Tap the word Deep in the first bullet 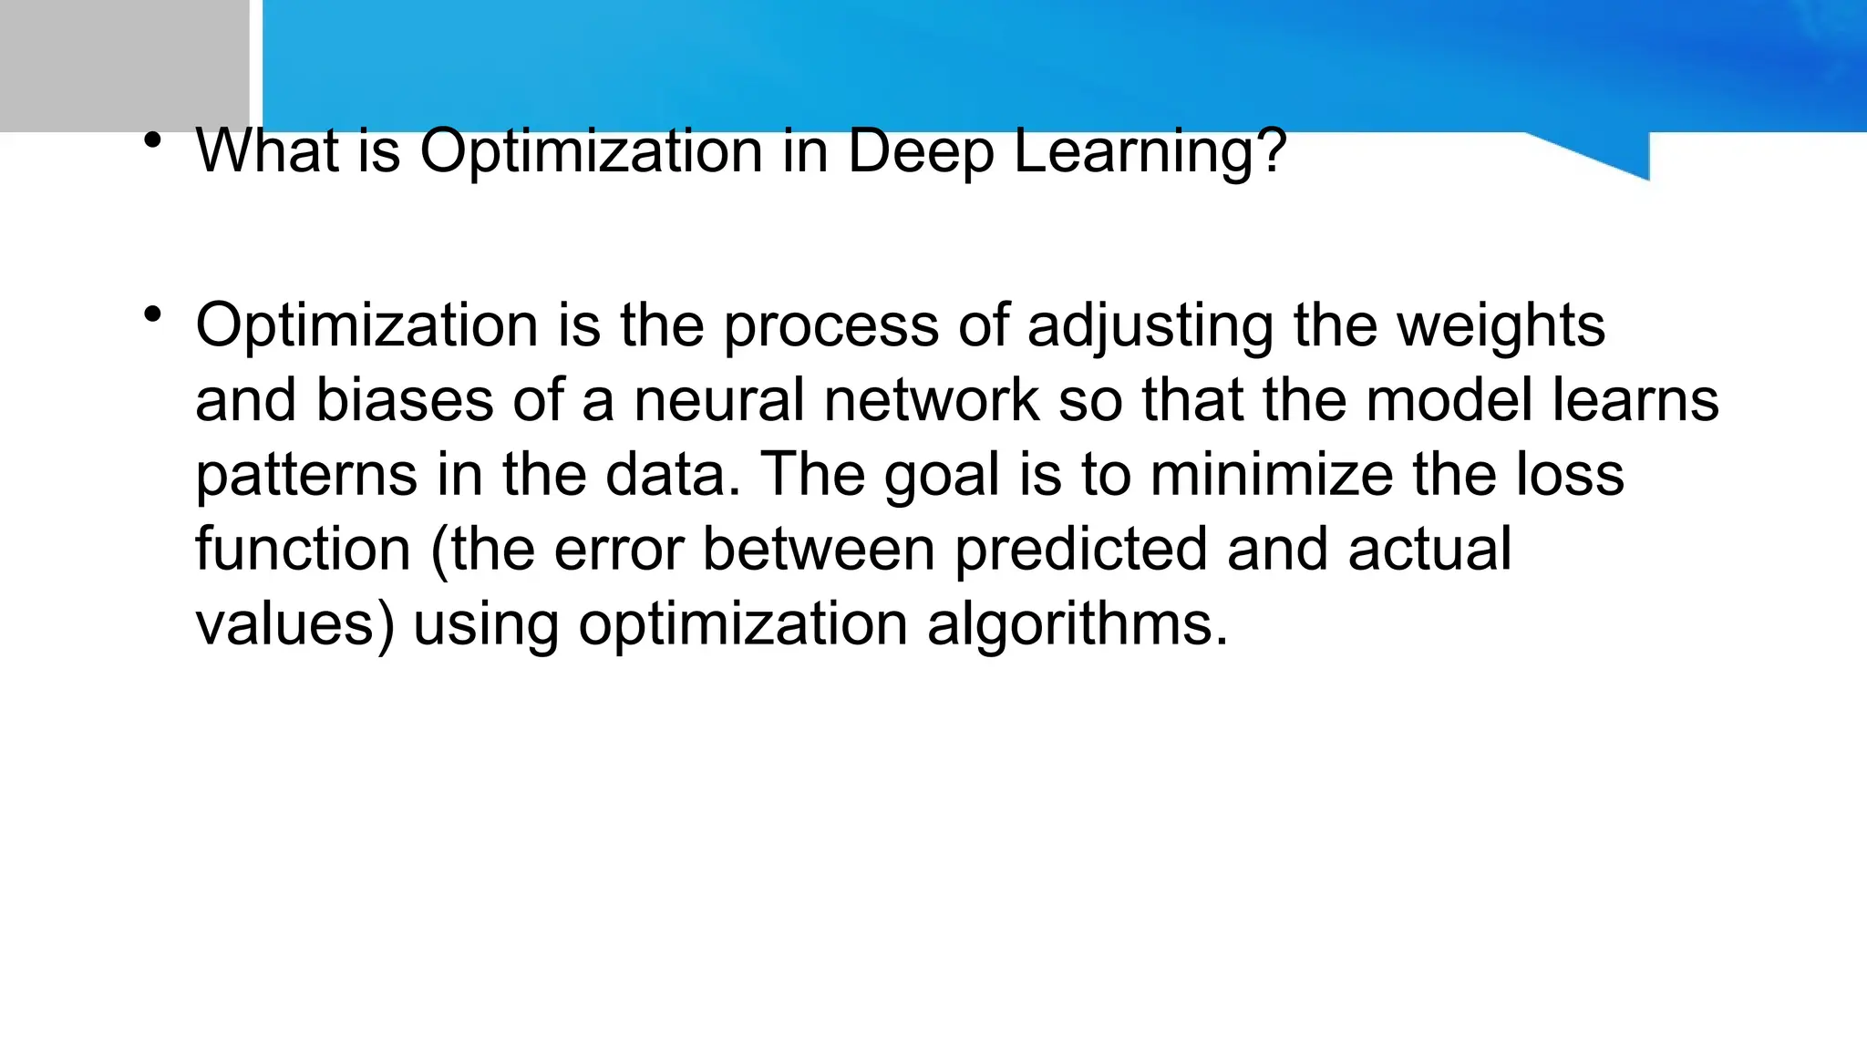pos(921,152)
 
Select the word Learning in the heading pos(1149,152)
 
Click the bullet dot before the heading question pos(152,140)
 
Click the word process pos(830,325)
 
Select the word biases pos(404,400)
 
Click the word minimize pos(1271,475)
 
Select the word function pos(303,550)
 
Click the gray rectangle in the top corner pos(124,66)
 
